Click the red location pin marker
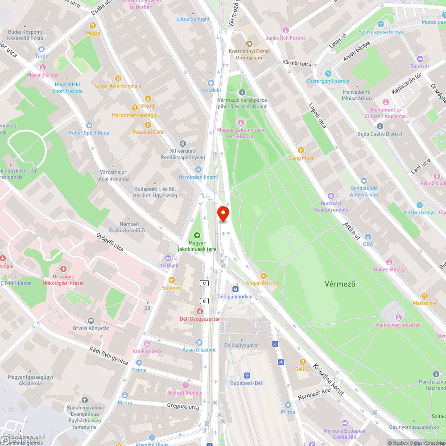tap(223, 213)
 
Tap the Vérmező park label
tap(340, 284)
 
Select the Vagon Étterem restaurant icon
tap(264, 276)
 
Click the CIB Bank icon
tap(168, 258)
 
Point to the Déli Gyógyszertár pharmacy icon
tap(199, 311)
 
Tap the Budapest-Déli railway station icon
tap(247, 375)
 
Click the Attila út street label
tap(351, 231)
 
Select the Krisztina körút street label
tap(328, 379)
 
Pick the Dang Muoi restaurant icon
tap(301, 150)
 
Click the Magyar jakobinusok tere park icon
tap(197, 235)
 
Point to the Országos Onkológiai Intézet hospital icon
tap(63, 269)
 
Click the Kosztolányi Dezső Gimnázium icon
tap(249, 44)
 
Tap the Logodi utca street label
tap(317, 116)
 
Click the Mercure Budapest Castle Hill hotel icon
tap(344, 423)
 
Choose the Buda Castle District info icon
tap(380, 126)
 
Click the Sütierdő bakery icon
tap(172, 280)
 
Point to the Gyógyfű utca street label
tap(110, 241)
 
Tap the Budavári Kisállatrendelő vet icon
tap(331, 195)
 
